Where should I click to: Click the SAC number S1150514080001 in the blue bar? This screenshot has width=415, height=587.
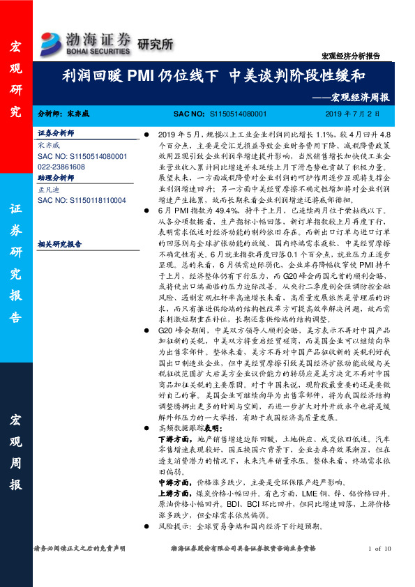(237, 114)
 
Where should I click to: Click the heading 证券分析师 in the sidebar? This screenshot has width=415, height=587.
(55, 132)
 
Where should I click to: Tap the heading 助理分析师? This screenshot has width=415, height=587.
(55, 178)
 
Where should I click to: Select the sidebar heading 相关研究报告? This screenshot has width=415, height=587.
(59, 245)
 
